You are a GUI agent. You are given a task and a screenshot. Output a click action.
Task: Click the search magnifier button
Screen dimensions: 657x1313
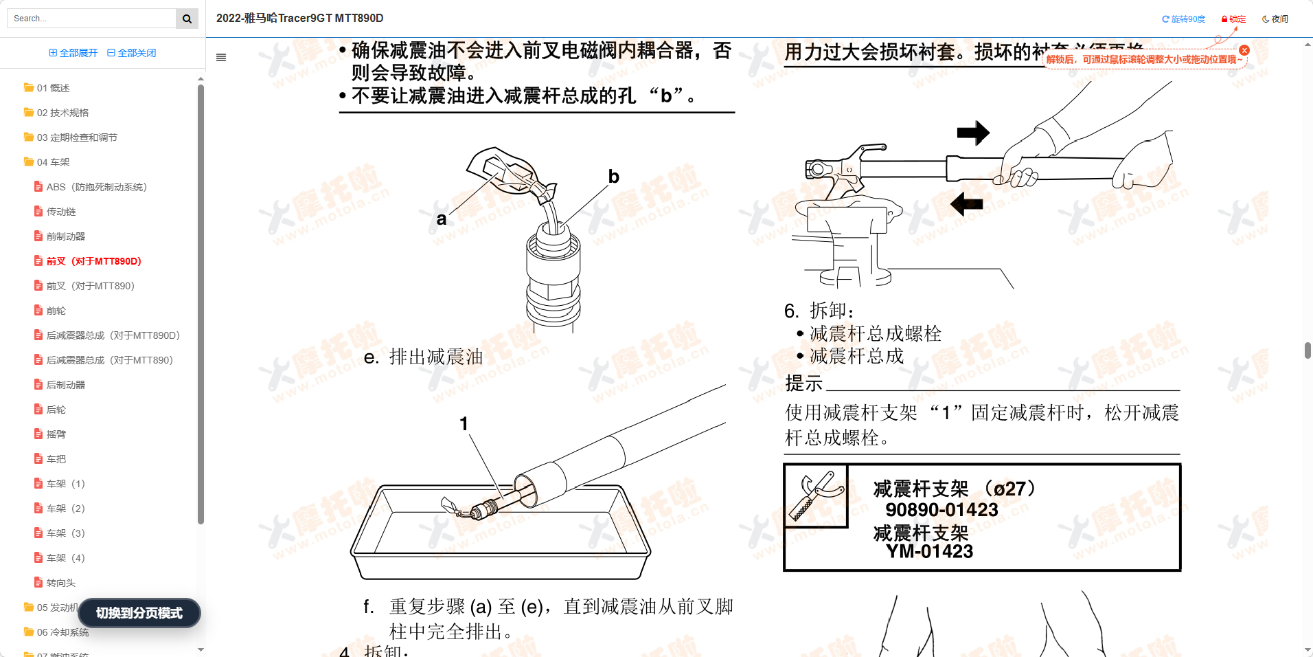[x=187, y=19]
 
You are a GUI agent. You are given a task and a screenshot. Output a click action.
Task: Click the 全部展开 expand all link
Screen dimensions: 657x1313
[x=73, y=53]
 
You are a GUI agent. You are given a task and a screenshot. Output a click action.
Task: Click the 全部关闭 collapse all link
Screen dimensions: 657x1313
[x=131, y=53]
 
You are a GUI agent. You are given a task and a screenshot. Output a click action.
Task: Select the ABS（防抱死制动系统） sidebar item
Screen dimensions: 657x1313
[x=96, y=187]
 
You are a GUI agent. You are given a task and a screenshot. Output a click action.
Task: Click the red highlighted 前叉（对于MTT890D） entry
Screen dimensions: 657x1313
[x=93, y=261]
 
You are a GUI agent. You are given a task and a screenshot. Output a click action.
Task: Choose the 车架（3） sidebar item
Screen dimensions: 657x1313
[x=65, y=533]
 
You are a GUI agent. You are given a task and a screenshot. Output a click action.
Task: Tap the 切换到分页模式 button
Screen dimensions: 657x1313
[x=139, y=613]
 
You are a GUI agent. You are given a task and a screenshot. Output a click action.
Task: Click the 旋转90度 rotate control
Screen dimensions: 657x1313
[x=1183, y=19]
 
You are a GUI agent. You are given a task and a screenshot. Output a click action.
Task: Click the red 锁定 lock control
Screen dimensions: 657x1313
[x=1233, y=19]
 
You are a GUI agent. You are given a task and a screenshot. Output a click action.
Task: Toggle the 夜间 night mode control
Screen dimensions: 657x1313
[x=1275, y=19]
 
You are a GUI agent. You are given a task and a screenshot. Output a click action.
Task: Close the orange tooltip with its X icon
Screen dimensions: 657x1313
[x=1244, y=50]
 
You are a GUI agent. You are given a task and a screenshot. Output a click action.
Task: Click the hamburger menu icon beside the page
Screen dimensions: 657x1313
[x=221, y=58]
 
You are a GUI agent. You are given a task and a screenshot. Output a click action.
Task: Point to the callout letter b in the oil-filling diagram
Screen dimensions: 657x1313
[x=614, y=177]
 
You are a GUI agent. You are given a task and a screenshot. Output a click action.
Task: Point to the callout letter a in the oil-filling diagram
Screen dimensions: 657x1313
[x=442, y=219]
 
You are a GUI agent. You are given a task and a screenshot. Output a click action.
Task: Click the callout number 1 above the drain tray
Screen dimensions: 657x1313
[x=464, y=423]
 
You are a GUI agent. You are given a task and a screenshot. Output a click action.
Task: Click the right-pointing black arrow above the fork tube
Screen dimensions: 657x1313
[x=972, y=133]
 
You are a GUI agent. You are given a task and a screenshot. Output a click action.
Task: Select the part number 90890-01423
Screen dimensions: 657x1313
[x=941, y=510]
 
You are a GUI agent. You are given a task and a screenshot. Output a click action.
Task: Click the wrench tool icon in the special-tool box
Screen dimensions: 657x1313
[x=816, y=495]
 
